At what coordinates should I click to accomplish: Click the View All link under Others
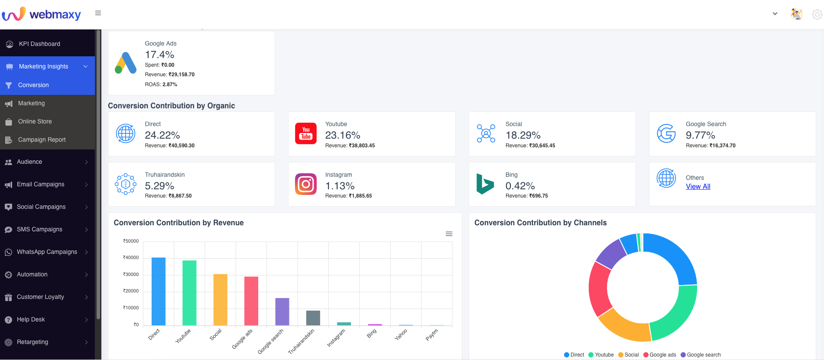698,187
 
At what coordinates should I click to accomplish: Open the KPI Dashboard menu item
39,44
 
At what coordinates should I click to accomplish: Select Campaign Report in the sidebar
42,139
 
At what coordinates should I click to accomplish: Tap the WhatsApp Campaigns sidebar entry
47,252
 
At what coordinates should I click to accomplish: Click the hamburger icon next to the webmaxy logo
98,13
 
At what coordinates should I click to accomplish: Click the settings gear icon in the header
817,14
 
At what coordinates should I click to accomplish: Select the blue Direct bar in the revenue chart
158,291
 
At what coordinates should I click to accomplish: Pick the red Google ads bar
251,301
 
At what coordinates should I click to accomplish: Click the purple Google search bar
282,311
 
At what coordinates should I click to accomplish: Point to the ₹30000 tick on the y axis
131,274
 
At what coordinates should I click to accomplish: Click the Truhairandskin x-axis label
301,341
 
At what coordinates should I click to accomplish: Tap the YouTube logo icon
306,133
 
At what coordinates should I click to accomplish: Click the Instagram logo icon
306,184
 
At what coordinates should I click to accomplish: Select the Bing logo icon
485,184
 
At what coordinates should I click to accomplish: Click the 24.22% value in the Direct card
162,135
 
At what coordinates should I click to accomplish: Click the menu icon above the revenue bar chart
449,234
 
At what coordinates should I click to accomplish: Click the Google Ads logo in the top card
126,63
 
